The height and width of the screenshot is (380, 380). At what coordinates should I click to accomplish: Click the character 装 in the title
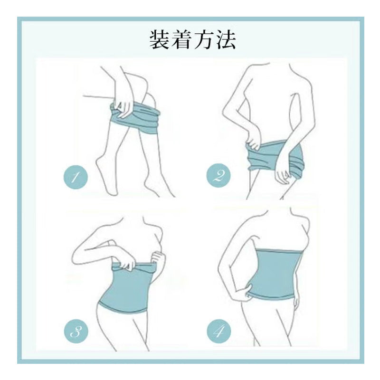[159, 40]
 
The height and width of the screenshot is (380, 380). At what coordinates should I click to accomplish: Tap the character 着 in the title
[181, 40]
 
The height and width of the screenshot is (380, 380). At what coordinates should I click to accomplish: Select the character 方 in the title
[203, 40]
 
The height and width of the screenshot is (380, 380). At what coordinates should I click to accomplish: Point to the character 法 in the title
[225, 40]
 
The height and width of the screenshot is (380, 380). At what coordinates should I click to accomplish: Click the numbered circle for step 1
[76, 177]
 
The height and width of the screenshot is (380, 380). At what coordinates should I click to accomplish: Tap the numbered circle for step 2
[218, 175]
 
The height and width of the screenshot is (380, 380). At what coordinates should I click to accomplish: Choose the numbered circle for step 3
[76, 331]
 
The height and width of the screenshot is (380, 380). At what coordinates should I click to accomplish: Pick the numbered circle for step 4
[219, 331]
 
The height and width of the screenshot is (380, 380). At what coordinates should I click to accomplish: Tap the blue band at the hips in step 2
[274, 156]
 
